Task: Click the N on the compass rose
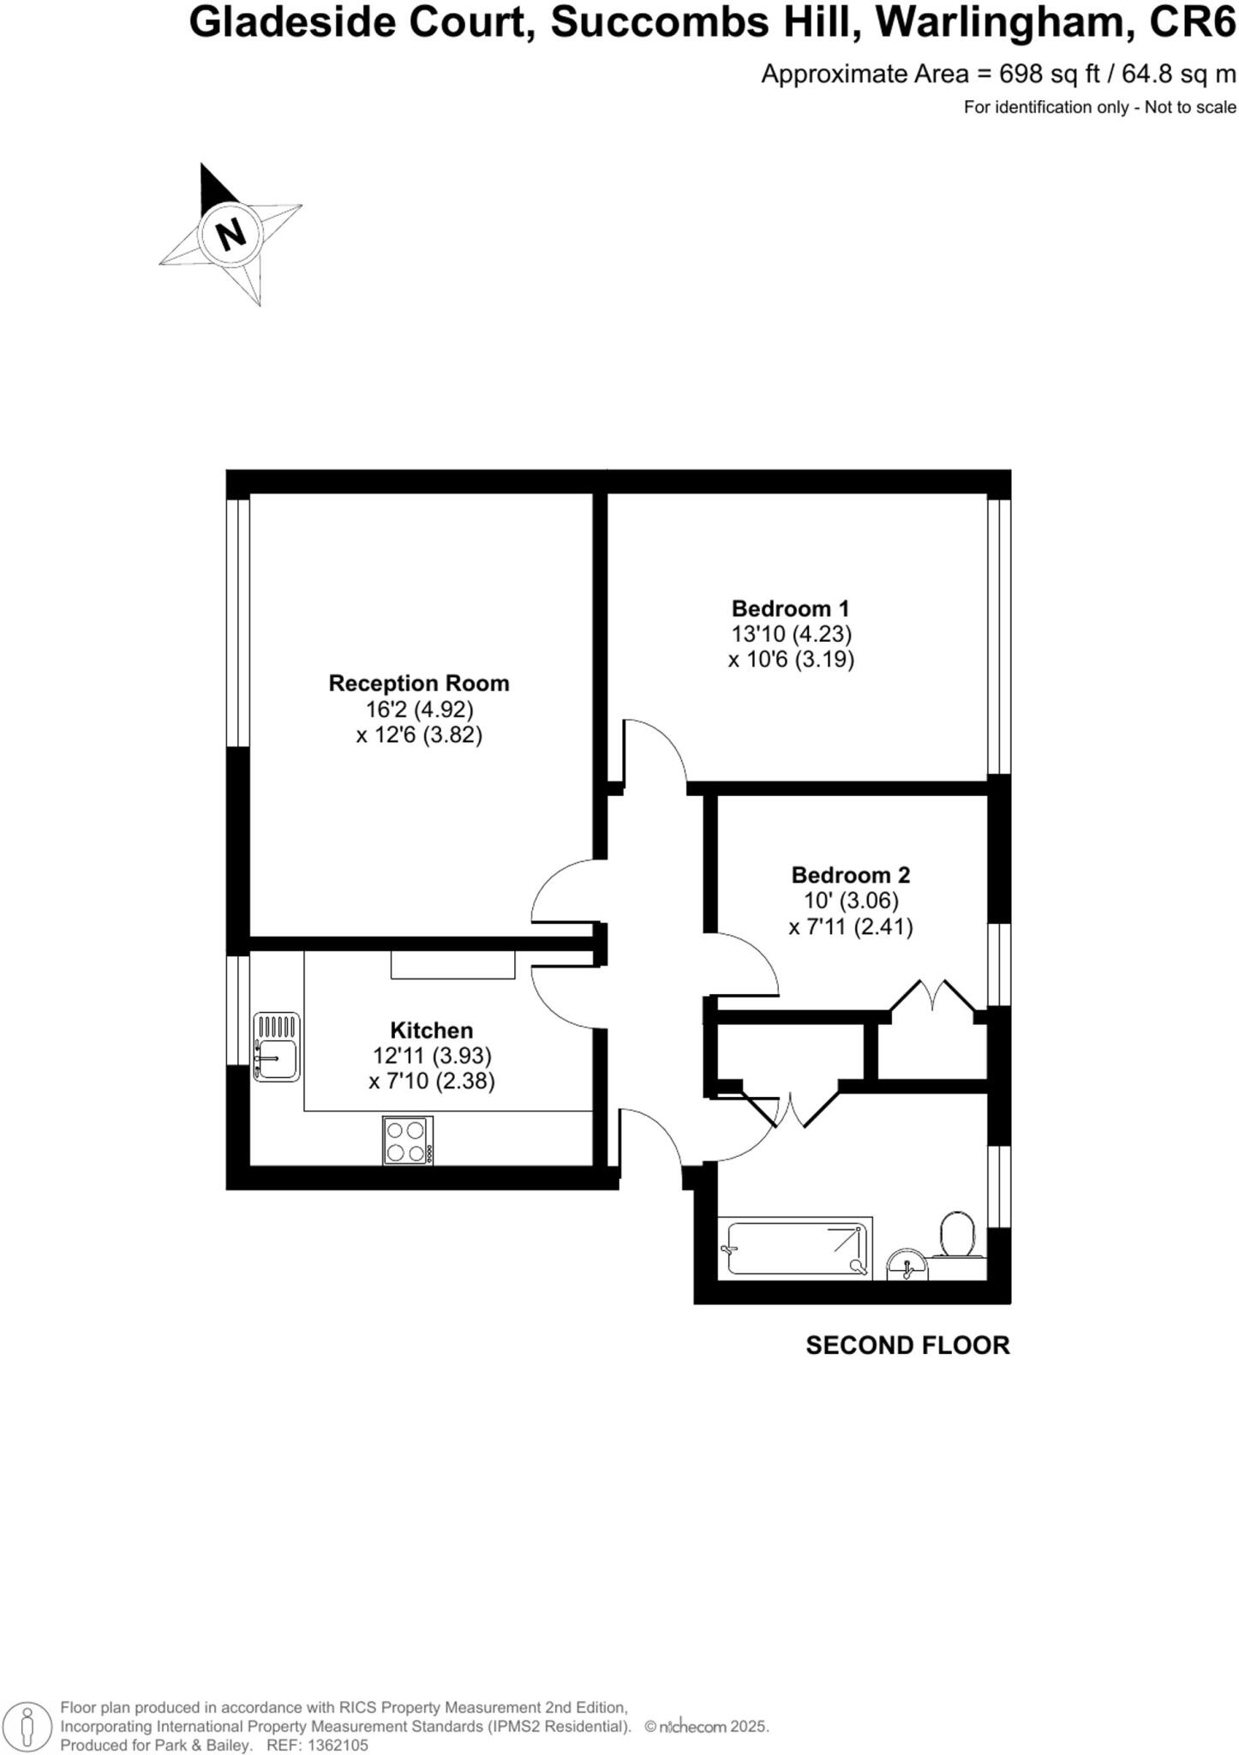[230, 233]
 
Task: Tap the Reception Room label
[418, 683]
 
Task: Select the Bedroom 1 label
[790, 608]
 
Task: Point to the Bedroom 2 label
[850, 875]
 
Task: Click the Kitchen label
[431, 1030]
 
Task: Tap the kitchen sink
[277, 1046]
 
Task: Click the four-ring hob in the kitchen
[408, 1141]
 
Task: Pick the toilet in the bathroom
[957, 1235]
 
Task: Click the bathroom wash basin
[906, 1265]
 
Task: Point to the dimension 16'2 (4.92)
[418, 710]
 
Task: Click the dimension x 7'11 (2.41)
[850, 927]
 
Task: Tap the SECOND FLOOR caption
[907, 1345]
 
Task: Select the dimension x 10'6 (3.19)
[790, 660]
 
